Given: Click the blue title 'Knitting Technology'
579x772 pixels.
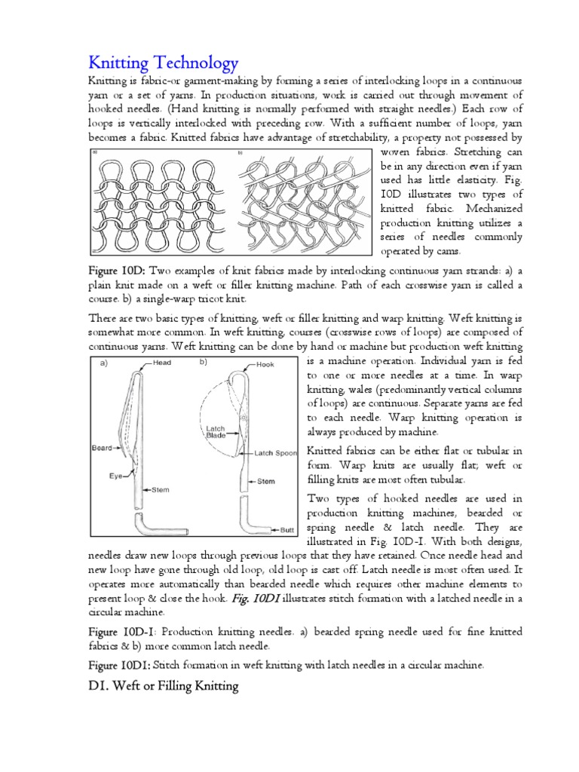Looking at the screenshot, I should tap(164, 61).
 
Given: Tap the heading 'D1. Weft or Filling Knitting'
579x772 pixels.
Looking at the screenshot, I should tap(164, 686).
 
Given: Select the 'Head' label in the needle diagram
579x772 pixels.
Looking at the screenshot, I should tap(162, 363).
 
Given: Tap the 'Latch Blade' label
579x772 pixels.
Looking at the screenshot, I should tap(216, 433).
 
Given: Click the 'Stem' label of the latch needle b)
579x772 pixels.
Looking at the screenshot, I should tap(266, 479).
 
